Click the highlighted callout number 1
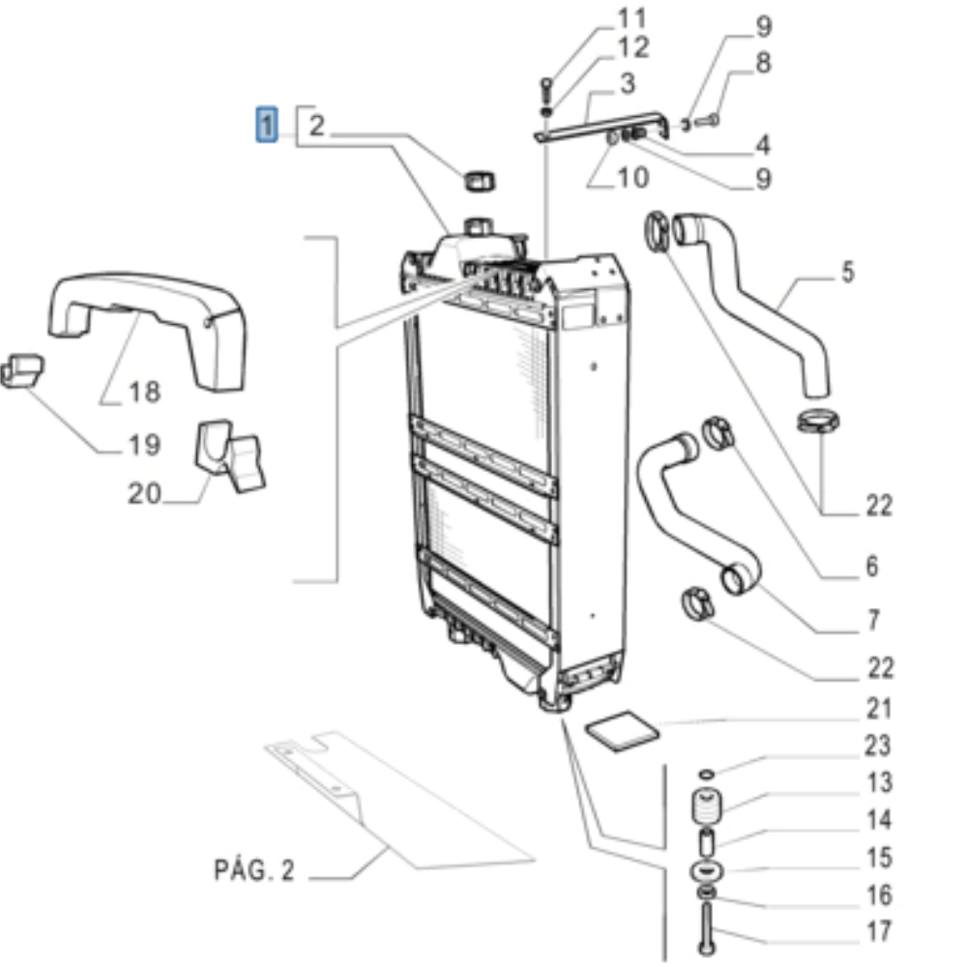(267, 125)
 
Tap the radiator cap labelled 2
(480, 181)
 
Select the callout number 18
(145, 392)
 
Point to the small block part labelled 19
(21, 370)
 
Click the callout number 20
(144, 493)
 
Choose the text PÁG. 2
(254, 870)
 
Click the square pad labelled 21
(622, 730)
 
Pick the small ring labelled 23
(707, 774)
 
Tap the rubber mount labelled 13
(707, 806)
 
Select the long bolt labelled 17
(707, 927)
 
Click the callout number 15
(879, 857)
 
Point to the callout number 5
(849, 272)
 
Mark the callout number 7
(873, 620)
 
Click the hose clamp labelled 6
(718, 433)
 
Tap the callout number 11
(632, 17)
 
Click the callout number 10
(632, 178)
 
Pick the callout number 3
(628, 83)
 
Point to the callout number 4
(764, 145)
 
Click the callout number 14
(879, 820)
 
